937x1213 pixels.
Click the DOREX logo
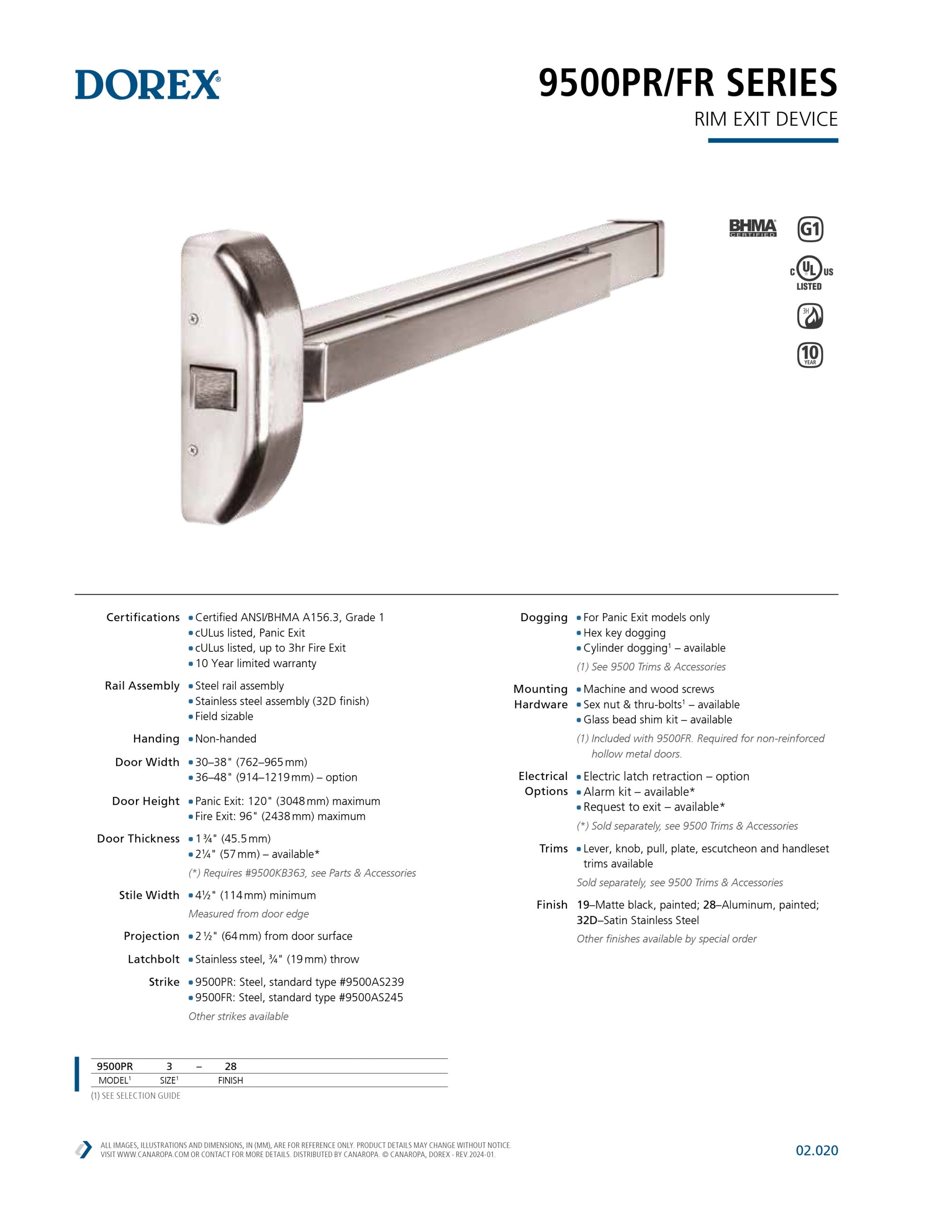[x=148, y=84]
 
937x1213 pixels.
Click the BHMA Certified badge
[x=753, y=228]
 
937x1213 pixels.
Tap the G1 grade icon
[x=810, y=229]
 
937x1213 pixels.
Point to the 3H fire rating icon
[x=810, y=316]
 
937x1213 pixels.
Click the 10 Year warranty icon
[x=810, y=355]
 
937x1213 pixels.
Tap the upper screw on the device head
[x=193, y=319]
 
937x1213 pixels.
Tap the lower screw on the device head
[x=193, y=450]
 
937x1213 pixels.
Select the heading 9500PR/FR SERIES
[x=688, y=83]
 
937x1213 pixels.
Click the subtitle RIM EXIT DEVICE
[x=766, y=119]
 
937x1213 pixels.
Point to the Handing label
[x=156, y=739]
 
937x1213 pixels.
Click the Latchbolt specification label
[x=154, y=959]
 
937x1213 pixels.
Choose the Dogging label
[x=544, y=617]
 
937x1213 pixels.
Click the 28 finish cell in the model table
[x=231, y=1067]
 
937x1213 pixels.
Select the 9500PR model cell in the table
[x=115, y=1067]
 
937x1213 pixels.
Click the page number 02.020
[x=817, y=1150]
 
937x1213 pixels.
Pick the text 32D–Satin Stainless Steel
[x=638, y=920]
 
